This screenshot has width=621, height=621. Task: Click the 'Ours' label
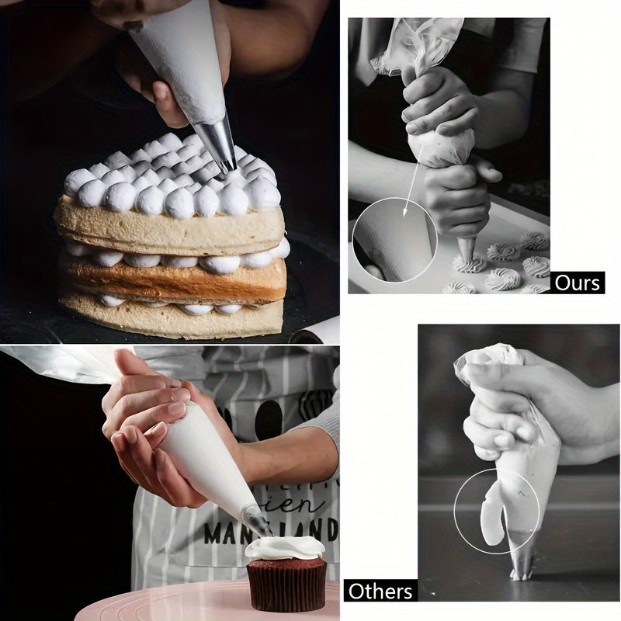pyautogui.click(x=578, y=282)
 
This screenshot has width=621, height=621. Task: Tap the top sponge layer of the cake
pyautogui.click(x=171, y=229)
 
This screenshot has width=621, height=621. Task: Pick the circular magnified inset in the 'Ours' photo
pyautogui.click(x=394, y=239)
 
